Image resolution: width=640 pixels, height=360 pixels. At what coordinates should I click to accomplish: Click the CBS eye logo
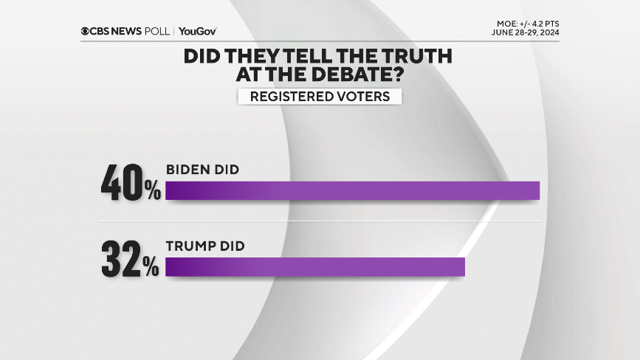[86, 31]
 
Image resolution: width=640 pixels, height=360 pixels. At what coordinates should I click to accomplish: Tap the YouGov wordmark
[197, 31]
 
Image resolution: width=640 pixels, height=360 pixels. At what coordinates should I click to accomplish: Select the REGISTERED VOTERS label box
[319, 97]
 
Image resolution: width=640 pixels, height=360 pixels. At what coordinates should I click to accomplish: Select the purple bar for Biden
[353, 190]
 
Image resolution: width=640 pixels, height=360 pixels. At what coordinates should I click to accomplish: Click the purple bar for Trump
[315, 266]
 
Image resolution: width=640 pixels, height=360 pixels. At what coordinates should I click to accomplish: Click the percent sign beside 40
[152, 192]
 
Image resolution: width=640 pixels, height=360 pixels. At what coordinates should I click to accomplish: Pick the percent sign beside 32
[152, 269]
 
